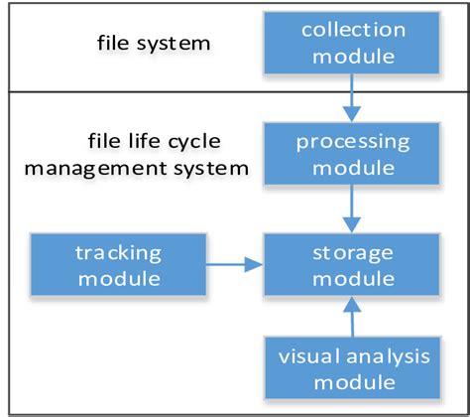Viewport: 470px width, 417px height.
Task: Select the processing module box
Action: [352, 153]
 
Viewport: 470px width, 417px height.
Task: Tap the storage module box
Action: [352, 263]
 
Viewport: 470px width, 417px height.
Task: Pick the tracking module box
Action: [116, 263]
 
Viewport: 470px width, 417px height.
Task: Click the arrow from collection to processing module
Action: [352, 97]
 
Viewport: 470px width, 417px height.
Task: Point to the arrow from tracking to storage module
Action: [233, 264]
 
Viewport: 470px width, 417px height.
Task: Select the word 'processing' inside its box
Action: [353, 141]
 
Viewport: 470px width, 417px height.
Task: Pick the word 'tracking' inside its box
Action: [116, 251]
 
